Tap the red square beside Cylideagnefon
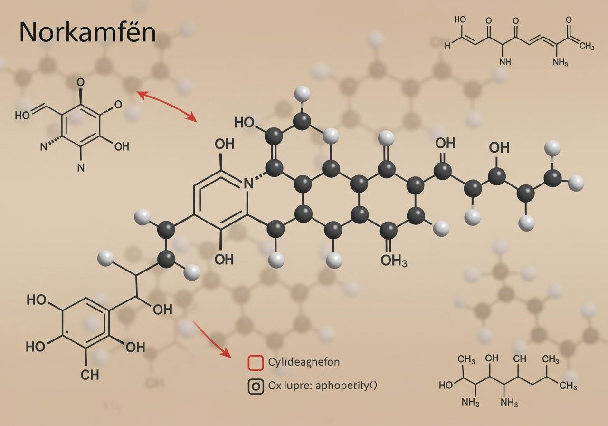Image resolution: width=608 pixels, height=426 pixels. [x=256, y=362]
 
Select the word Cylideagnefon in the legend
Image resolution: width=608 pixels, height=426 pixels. [x=304, y=362]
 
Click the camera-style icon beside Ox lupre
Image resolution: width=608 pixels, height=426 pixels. [x=256, y=386]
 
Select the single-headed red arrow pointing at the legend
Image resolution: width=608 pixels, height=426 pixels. [x=212, y=339]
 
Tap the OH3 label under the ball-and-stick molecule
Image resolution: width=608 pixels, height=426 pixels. [x=394, y=261]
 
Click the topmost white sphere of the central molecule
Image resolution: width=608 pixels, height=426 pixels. [x=302, y=93]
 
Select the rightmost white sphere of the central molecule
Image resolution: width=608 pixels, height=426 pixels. [x=576, y=182]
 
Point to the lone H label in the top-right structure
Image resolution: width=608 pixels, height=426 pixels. [x=447, y=46]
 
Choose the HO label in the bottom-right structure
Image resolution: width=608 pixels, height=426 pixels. [x=446, y=385]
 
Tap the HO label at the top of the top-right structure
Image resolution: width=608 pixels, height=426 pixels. [x=460, y=20]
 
